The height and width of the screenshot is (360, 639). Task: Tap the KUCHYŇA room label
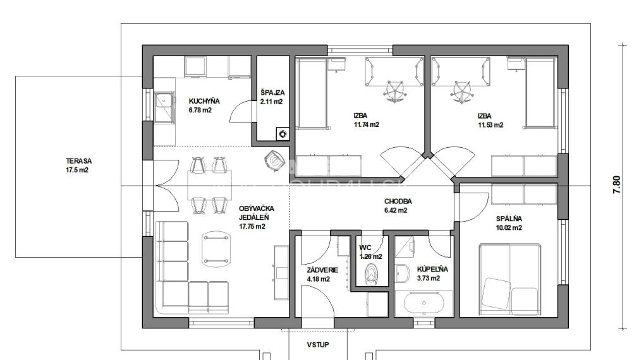coord(203,105)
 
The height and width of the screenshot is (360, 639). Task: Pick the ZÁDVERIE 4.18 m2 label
coord(322,274)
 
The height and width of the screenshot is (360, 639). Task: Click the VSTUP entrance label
coord(317,345)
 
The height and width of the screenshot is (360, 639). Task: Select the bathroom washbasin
coord(403,272)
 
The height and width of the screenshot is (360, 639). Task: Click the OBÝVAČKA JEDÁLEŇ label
coord(252,217)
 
